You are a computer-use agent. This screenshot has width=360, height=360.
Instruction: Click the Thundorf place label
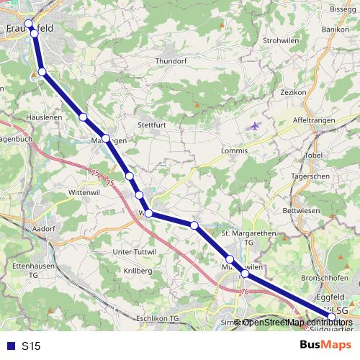click(171, 61)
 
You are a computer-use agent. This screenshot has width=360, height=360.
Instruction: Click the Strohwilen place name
click(282, 40)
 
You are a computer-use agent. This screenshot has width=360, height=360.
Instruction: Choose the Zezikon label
click(294, 93)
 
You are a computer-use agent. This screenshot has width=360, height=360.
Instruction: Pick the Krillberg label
click(138, 270)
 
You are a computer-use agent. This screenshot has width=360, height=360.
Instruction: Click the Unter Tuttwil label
click(135, 251)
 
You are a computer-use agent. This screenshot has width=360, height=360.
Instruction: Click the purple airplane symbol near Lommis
click(253, 126)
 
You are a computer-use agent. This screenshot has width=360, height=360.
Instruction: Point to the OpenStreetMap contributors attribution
click(294, 323)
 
